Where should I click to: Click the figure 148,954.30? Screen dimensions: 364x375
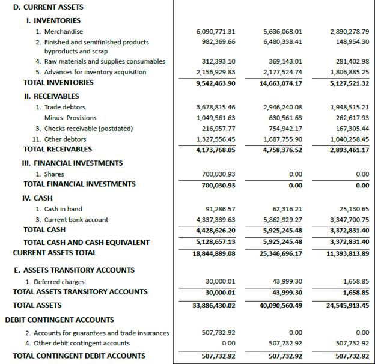point(350,42)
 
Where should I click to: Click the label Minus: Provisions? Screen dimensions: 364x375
point(70,118)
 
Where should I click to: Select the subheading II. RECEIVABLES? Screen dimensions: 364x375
point(51,96)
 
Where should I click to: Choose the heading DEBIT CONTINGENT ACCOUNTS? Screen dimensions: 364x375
point(59,320)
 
